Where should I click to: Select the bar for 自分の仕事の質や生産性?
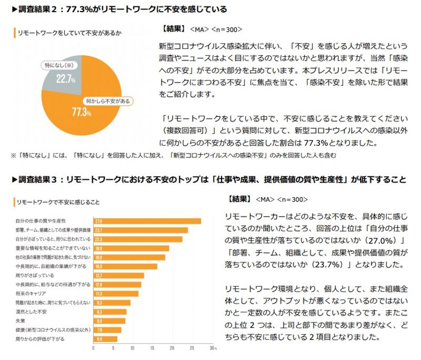pyautogui.click(x=147, y=221)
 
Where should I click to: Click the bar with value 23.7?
pyautogui.click(x=141, y=230)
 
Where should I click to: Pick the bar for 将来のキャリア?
pyautogui.click(x=116, y=293)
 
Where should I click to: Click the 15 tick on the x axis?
pyautogui.click(x=153, y=348)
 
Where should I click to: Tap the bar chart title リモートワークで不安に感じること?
pyautogui.click(x=58, y=202)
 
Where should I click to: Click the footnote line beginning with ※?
pyautogui.click(x=174, y=156)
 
